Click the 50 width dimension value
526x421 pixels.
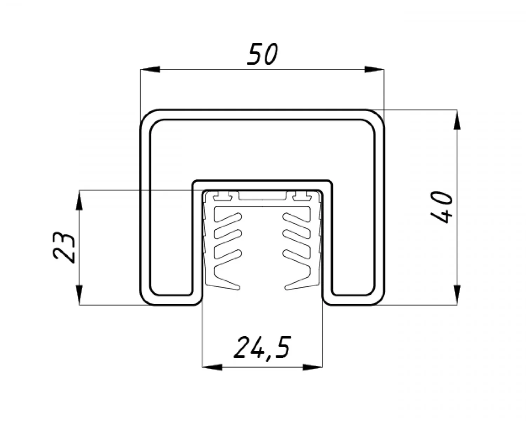(262, 54)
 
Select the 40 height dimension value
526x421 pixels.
(441, 207)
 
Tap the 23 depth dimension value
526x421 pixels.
(63, 247)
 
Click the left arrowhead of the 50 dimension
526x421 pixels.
(150, 69)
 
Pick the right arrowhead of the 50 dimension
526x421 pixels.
(374, 69)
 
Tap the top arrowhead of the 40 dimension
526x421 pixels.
(457, 120)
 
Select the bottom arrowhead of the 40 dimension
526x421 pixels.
(457, 295)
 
